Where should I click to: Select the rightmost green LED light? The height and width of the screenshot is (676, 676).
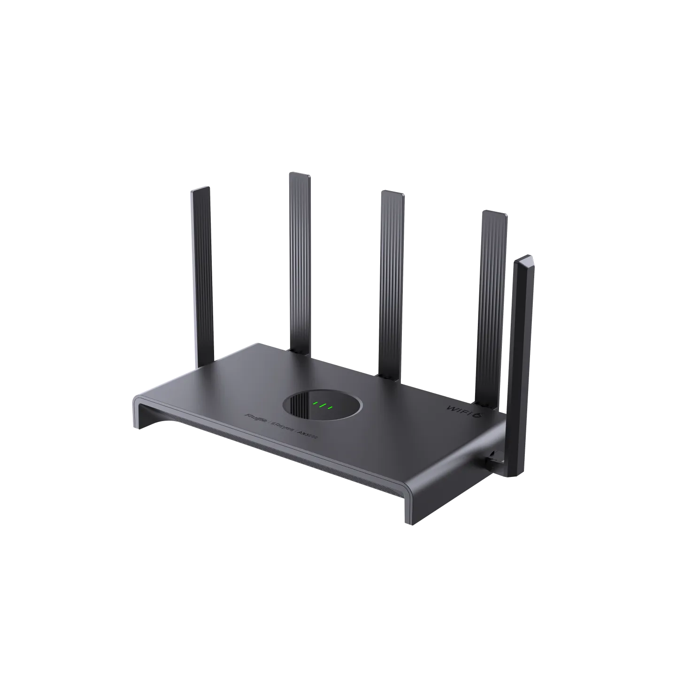330,407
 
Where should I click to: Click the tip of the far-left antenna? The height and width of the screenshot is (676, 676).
200,190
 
